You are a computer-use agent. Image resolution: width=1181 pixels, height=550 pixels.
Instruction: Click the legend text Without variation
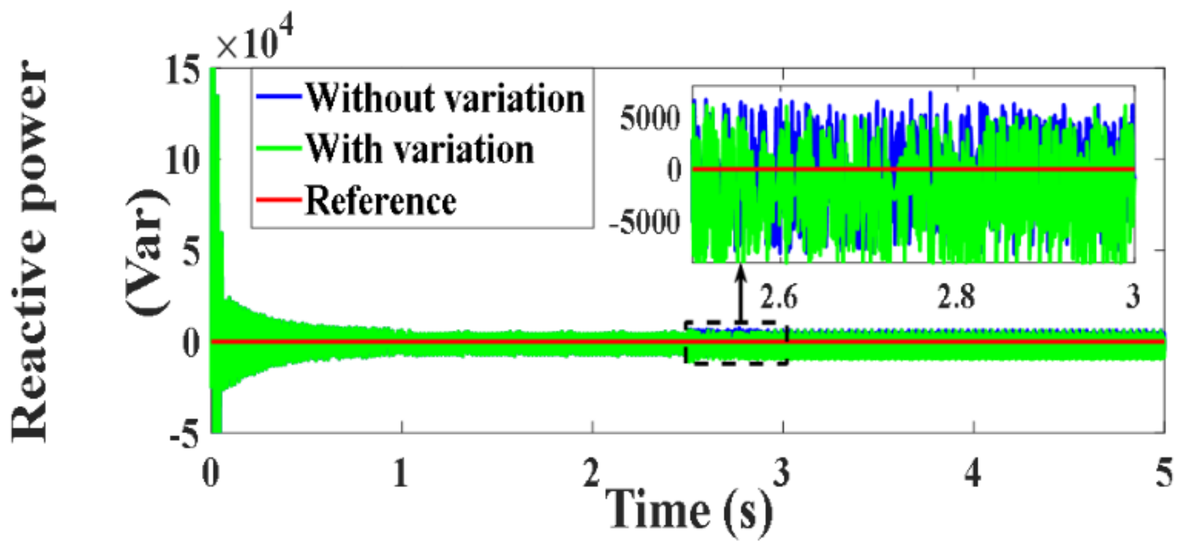445,99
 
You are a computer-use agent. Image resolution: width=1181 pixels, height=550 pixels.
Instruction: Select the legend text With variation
420,149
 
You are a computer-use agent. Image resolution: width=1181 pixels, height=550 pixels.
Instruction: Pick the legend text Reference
381,201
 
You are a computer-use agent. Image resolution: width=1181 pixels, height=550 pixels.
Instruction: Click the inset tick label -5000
644,223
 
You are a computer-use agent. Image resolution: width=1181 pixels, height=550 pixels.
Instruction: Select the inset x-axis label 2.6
778,297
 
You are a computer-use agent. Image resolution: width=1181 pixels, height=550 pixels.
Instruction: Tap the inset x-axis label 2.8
956,297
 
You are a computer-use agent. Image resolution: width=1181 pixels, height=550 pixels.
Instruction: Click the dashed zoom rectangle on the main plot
685,343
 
